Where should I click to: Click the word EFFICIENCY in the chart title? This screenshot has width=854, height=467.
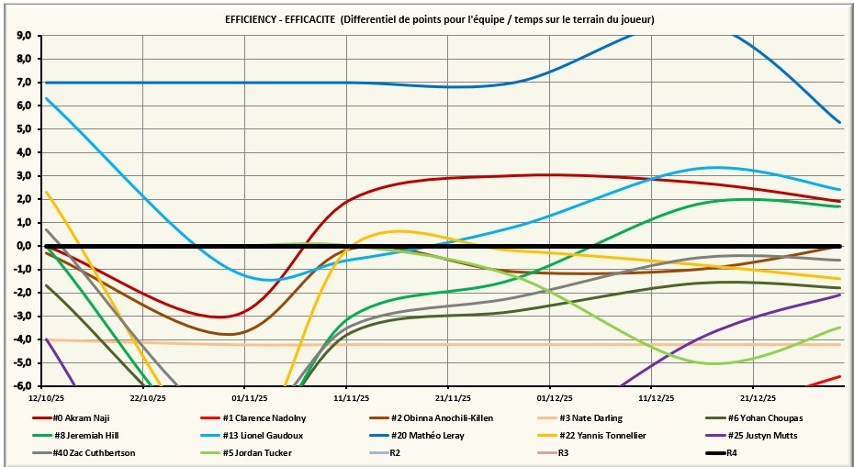tap(254, 19)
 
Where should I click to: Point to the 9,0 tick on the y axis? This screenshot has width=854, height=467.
tap(24, 36)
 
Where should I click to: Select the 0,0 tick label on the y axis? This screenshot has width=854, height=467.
tap(24, 246)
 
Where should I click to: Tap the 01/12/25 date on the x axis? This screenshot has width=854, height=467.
tap(551, 398)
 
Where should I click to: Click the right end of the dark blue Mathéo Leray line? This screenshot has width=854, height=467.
tap(839, 122)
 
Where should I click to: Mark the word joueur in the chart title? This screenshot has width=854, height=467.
tap(634, 19)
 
